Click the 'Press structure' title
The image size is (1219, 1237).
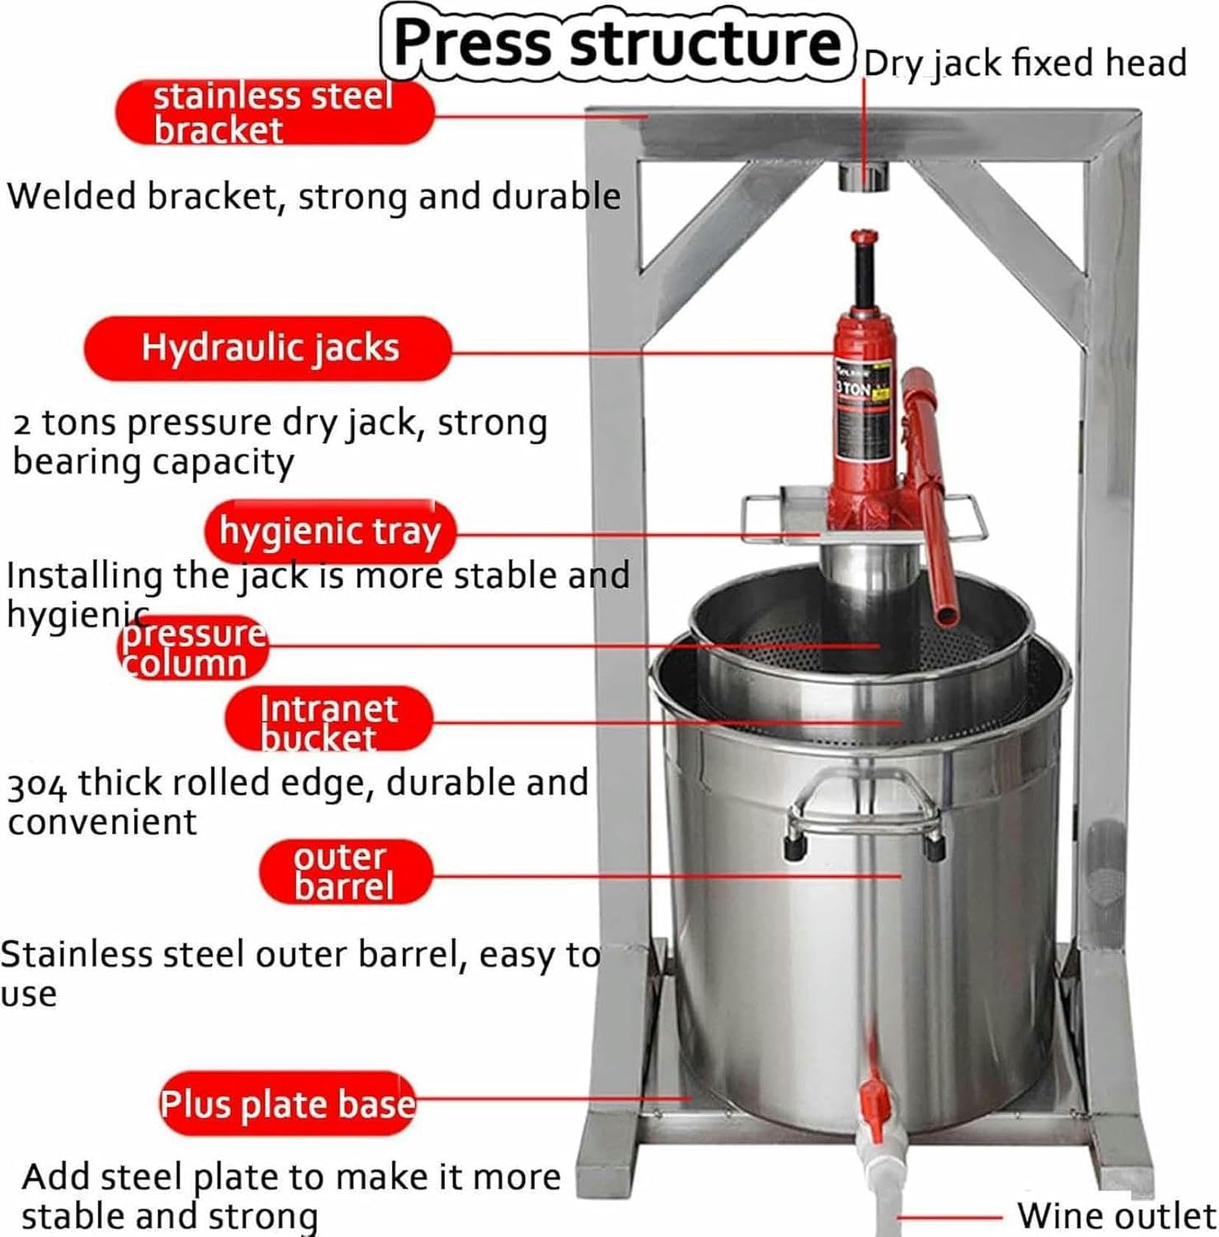[x=616, y=43]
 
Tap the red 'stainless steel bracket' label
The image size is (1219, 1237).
[x=274, y=113]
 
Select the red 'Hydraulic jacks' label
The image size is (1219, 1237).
[x=269, y=348]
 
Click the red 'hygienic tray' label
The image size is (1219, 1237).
[x=330, y=531]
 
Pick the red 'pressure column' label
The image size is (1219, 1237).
[x=193, y=648]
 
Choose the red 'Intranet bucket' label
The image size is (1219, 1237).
[x=328, y=720]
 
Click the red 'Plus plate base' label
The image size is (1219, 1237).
[x=288, y=1103]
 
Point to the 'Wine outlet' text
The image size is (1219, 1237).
[x=1115, y=1215]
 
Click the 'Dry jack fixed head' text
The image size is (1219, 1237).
[x=1025, y=63]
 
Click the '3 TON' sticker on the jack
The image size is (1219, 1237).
[x=853, y=388]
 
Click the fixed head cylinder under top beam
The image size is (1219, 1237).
[x=864, y=177]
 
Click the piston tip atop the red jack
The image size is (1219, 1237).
[x=864, y=238]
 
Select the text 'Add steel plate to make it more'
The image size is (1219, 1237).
[x=291, y=1177]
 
